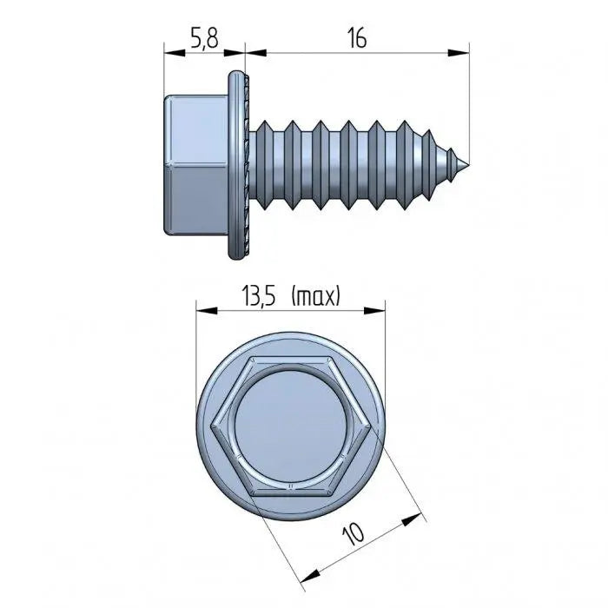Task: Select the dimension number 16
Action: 355,38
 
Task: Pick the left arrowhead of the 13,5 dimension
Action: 201,307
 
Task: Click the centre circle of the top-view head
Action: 290,425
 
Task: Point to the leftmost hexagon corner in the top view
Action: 210,425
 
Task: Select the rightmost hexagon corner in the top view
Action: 371,425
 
